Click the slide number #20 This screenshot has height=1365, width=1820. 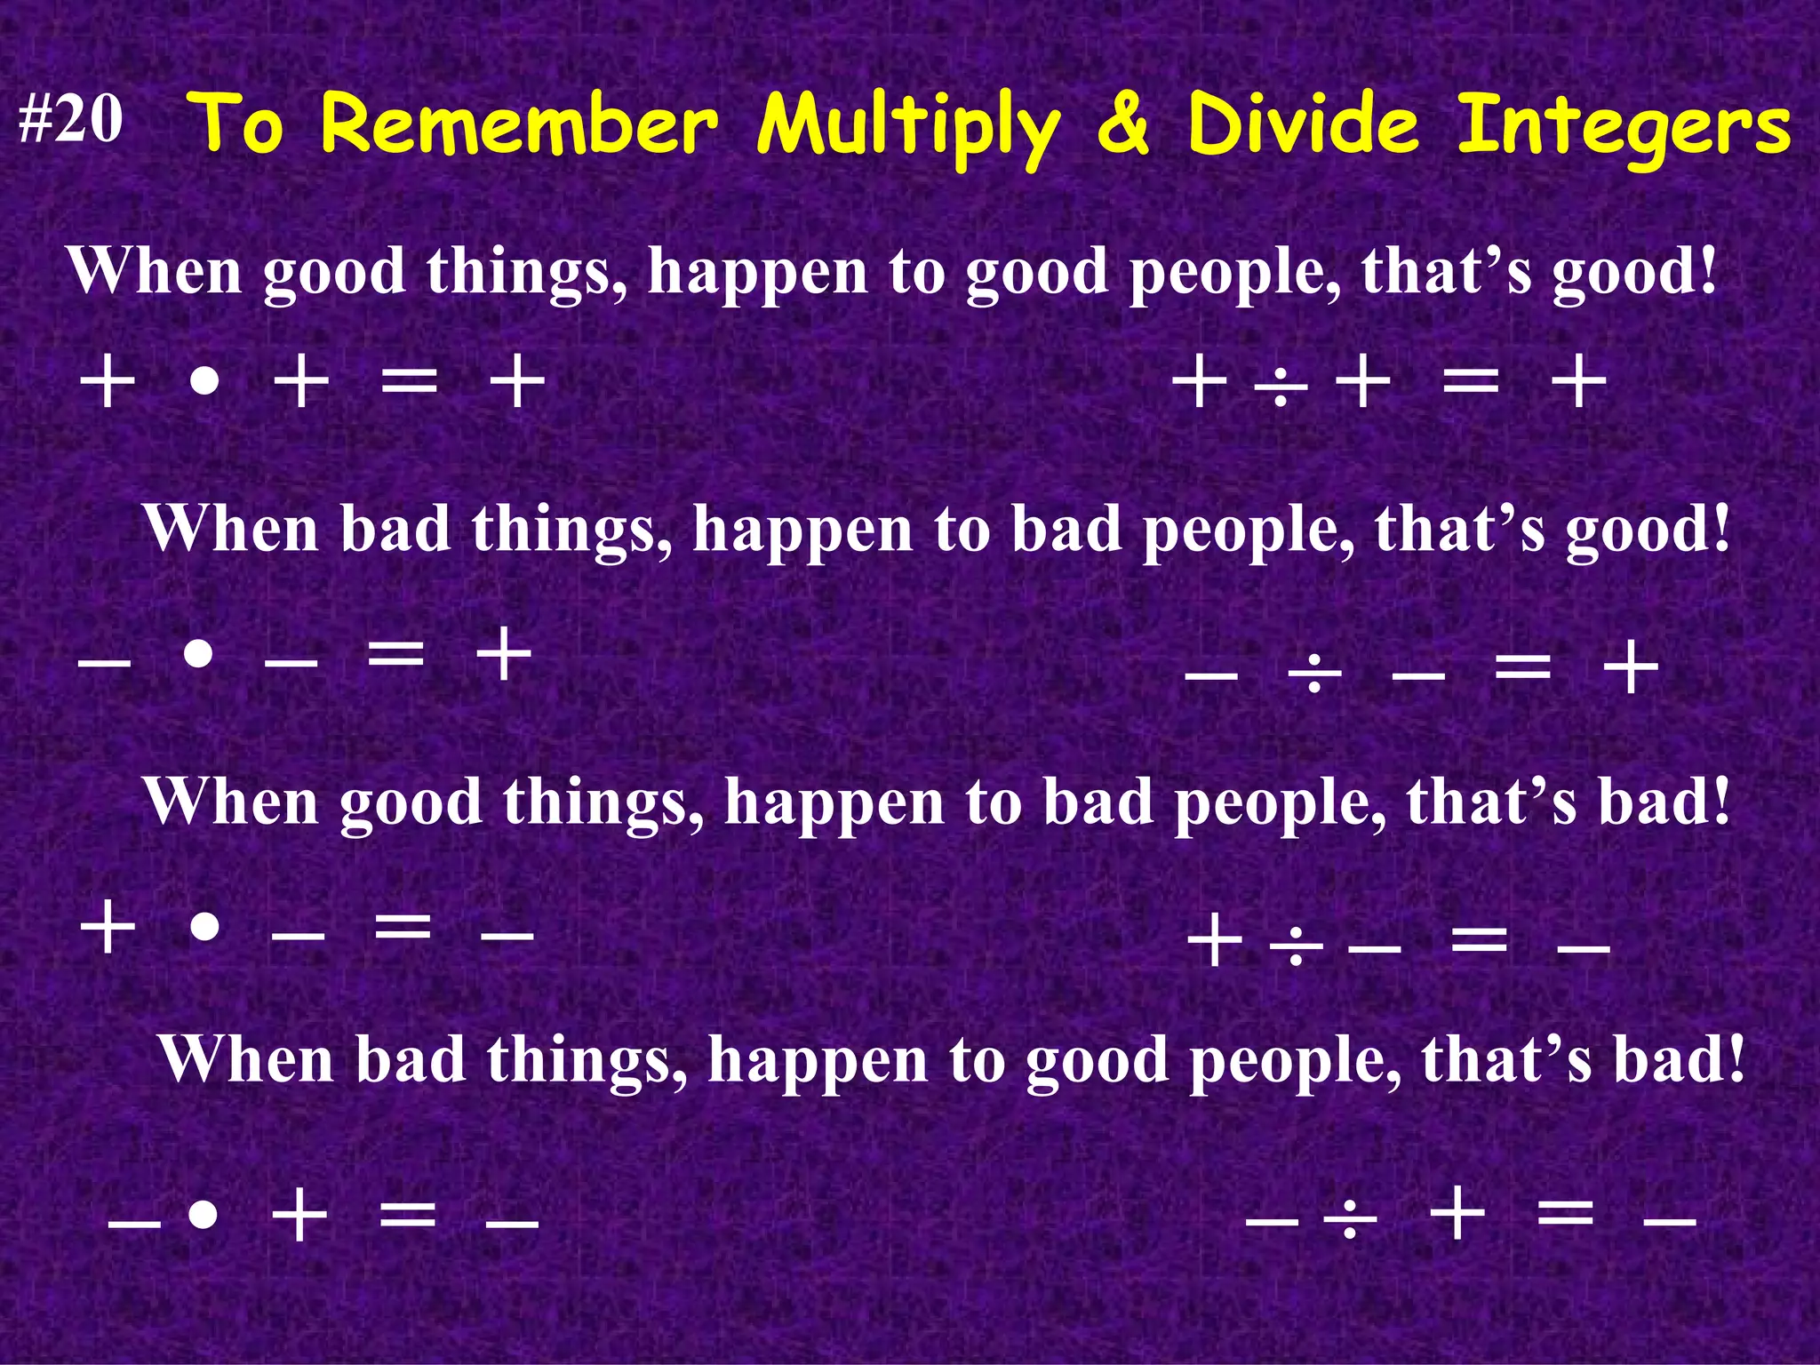tap(71, 120)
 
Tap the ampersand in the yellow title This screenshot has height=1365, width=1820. tap(1125, 124)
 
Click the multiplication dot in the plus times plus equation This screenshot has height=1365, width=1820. tap(204, 384)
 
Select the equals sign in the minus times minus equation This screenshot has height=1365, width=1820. tap(396, 655)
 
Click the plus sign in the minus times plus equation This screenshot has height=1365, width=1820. tap(299, 1215)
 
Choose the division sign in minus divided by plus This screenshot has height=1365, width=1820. tap(1350, 1218)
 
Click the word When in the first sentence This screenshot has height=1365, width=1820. tap(156, 271)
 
